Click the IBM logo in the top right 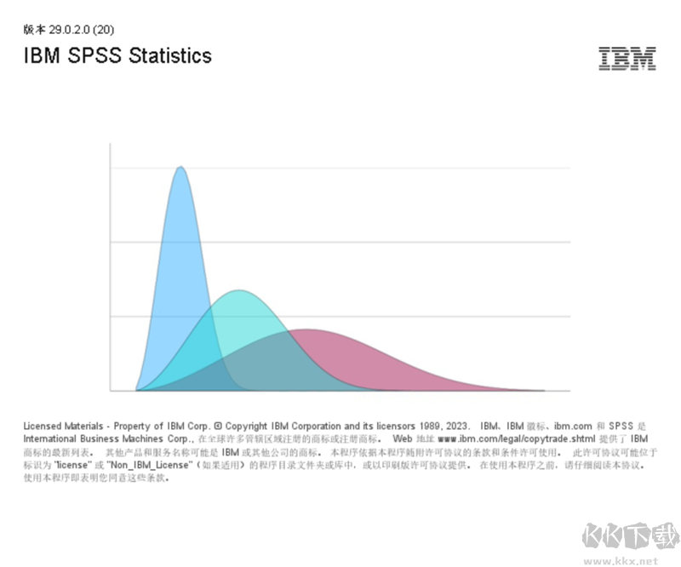[627, 58]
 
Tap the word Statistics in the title [170, 56]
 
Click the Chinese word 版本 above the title [35, 29]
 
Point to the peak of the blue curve [180, 168]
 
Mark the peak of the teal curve [240, 291]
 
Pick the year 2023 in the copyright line [456, 426]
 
